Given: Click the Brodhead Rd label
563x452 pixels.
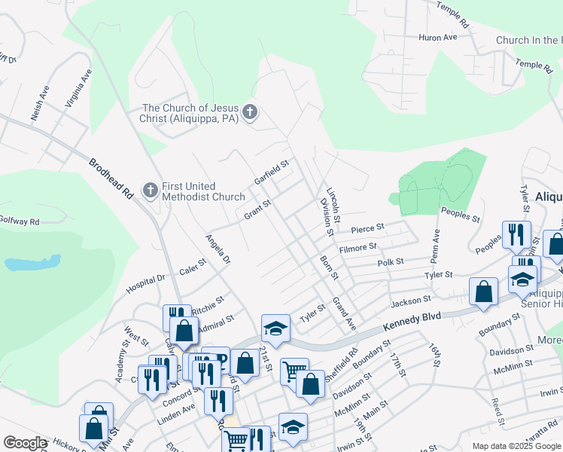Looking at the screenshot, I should click(x=111, y=178).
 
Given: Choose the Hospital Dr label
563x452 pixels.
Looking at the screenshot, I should click(x=145, y=282).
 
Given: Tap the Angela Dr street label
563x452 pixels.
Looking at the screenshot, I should click(x=218, y=255).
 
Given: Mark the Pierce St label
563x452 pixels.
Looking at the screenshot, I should click(x=367, y=228).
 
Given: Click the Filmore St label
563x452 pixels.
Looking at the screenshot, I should click(x=358, y=247).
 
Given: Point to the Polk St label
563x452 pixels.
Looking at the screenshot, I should click(x=391, y=261).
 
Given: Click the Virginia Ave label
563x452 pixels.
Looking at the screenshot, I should click(x=78, y=89).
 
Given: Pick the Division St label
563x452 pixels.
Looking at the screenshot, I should click(x=326, y=216).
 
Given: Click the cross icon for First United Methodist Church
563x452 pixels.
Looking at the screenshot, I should click(x=151, y=191).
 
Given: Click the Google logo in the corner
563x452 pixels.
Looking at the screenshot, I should click(x=25, y=443).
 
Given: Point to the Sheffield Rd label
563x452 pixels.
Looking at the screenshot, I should click(x=351, y=358).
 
